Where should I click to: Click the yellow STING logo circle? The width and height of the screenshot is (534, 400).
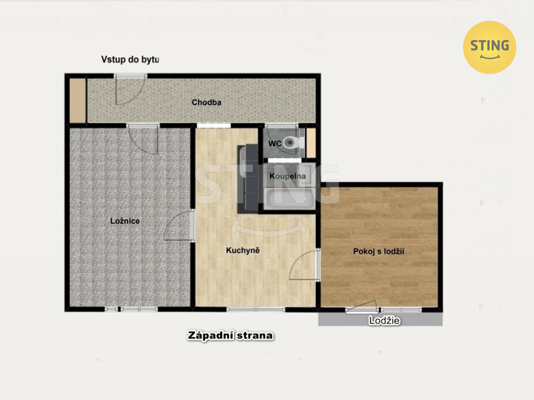489,47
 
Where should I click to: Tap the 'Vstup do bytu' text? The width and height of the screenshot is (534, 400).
130,59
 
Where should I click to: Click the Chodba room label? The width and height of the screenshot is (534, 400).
207,102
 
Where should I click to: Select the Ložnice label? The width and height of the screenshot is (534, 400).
125,221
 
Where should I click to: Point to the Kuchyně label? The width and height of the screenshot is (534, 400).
243,251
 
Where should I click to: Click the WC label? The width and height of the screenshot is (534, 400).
274,144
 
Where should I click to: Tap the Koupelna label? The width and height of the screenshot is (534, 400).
287,176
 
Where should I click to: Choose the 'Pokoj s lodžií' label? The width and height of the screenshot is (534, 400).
379,252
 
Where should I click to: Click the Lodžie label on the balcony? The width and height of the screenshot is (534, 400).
384,320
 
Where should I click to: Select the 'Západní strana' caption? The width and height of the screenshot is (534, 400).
230,335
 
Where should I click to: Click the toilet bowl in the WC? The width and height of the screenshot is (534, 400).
292,142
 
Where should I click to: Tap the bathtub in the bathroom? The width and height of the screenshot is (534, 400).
289,199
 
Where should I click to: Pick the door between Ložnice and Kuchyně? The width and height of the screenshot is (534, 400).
178,225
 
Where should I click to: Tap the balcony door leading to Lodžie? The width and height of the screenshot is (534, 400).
361,306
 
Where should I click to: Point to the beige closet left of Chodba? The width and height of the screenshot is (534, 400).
78,101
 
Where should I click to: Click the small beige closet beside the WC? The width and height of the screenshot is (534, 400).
311,143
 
